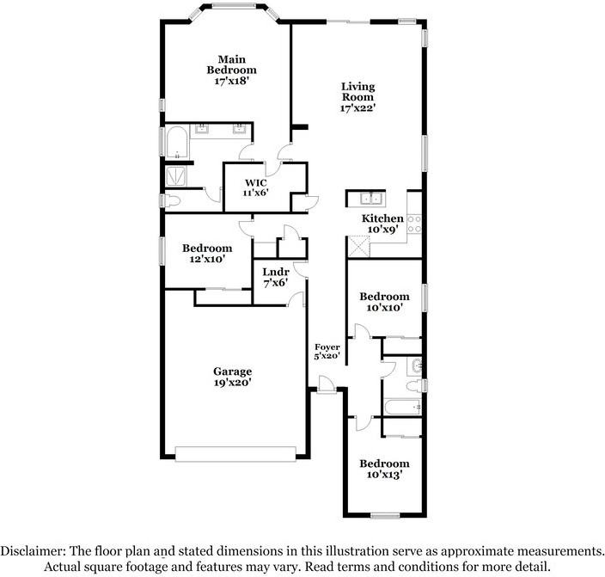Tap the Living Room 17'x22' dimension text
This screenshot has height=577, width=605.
tap(357, 108)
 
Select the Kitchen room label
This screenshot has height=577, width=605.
tap(382, 218)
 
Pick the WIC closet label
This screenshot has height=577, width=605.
tap(256, 183)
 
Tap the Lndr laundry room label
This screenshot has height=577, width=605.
tap(275, 271)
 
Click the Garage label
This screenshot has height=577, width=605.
tap(232, 371)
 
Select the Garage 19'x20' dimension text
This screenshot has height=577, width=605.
tap(232, 384)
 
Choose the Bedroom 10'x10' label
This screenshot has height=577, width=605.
tap(384, 296)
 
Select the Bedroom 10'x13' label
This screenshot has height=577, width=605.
tap(384, 463)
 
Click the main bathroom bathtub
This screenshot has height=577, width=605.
tap(178, 144)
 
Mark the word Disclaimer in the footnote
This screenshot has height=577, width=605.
tap(40, 550)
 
